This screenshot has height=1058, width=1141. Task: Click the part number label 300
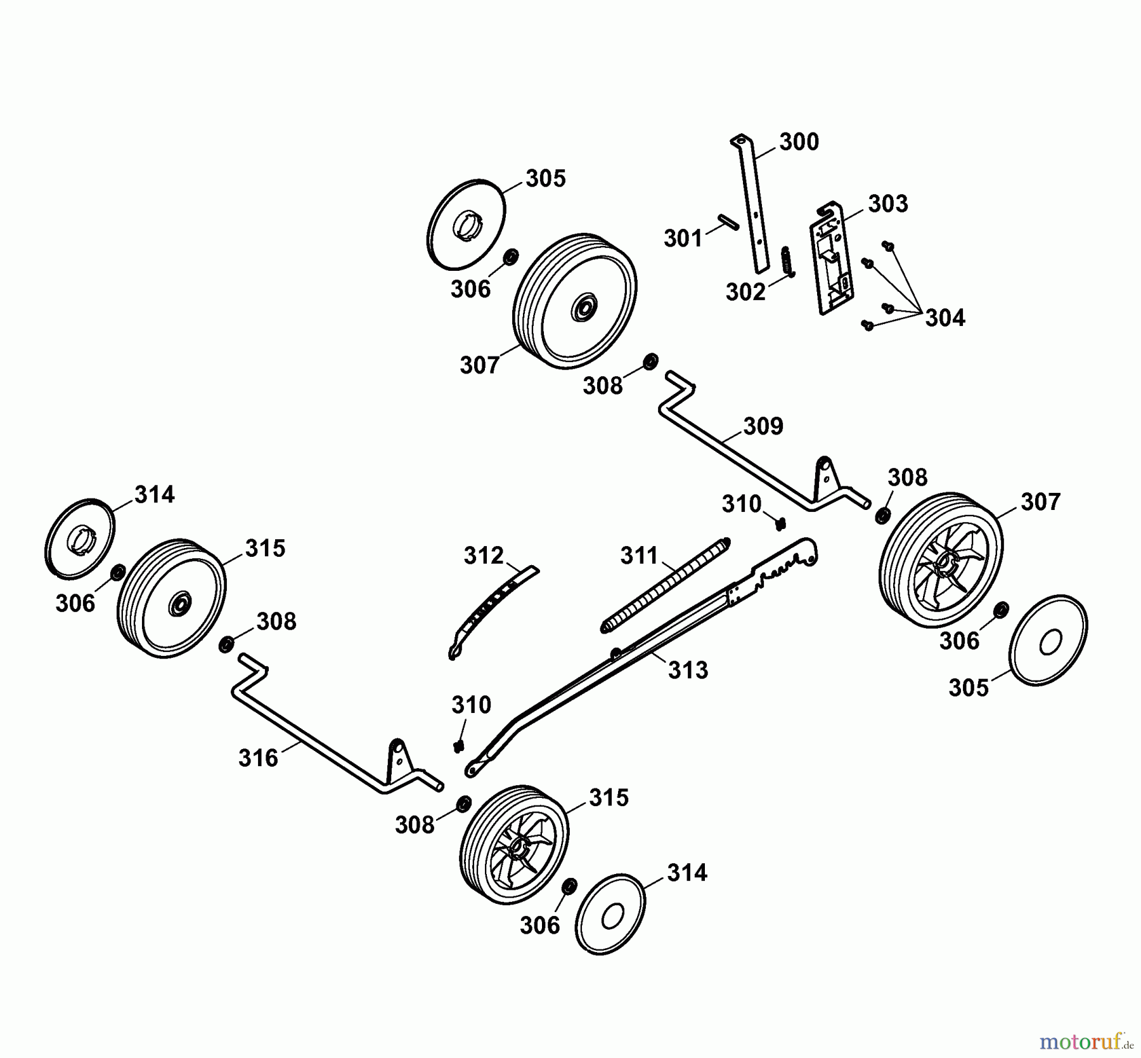point(799,142)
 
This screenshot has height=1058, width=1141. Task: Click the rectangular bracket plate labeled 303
point(832,260)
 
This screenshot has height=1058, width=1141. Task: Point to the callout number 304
point(944,318)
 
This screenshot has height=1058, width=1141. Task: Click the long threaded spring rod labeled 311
point(666,584)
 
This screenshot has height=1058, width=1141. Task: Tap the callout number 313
point(688,670)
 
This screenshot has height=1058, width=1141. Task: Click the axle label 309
point(763,426)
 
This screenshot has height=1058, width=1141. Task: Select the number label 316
point(258,757)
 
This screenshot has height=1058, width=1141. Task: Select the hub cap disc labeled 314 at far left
point(80,539)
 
